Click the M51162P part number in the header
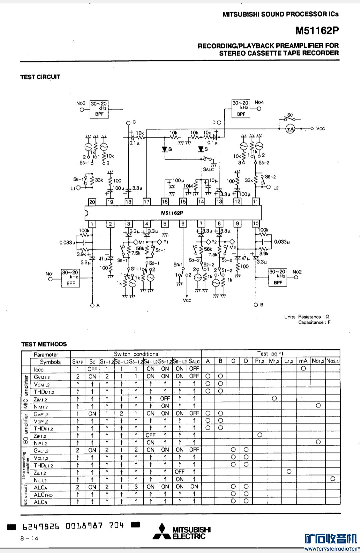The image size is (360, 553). pyautogui.click(x=317, y=31)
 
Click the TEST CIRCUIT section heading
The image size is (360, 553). pyautogui.click(x=40, y=77)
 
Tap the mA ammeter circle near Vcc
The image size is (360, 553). pyautogui.click(x=290, y=129)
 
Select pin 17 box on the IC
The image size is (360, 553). pyautogui.click(x=147, y=201)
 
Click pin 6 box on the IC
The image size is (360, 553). pyautogui.click(x=183, y=224)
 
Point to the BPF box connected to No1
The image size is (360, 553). pyautogui.click(x=71, y=278)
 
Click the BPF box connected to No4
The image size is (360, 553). pyautogui.click(x=241, y=108)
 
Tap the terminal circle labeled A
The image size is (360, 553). pyautogui.click(x=92, y=305)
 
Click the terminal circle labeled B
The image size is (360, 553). pyautogui.click(x=256, y=305)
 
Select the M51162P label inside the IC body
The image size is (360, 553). pyautogui.click(x=172, y=213)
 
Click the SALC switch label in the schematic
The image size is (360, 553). pyautogui.click(x=208, y=169)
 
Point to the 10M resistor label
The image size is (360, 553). pyautogui.click(x=188, y=186)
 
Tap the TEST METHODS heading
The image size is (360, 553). pyautogui.click(x=44, y=344)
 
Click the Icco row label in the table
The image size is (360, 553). pyautogui.click(x=39, y=369)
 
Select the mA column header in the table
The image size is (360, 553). pyautogui.click(x=303, y=361)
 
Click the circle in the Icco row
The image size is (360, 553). pyautogui.click(x=303, y=368)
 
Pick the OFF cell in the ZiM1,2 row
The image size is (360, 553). pyautogui.click(x=165, y=398)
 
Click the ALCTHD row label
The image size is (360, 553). pyautogui.click(x=43, y=495)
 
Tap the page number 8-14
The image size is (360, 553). pyautogui.click(x=29, y=538)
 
